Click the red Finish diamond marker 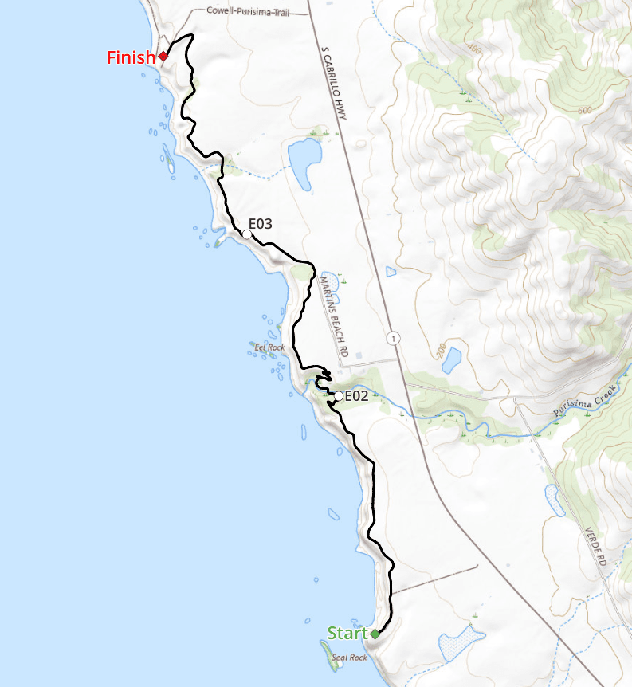click(x=163, y=56)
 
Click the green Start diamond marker click(x=375, y=634)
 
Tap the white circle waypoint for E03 click(x=247, y=234)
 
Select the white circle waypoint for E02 click(x=339, y=396)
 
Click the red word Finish click(x=131, y=57)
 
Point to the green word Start click(x=347, y=634)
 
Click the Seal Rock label click(x=349, y=658)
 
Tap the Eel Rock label click(x=269, y=347)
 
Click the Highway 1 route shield click(x=393, y=339)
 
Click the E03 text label click(x=261, y=224)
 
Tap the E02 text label click(x=356, y=395)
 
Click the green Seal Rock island click(x=331, y=655)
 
